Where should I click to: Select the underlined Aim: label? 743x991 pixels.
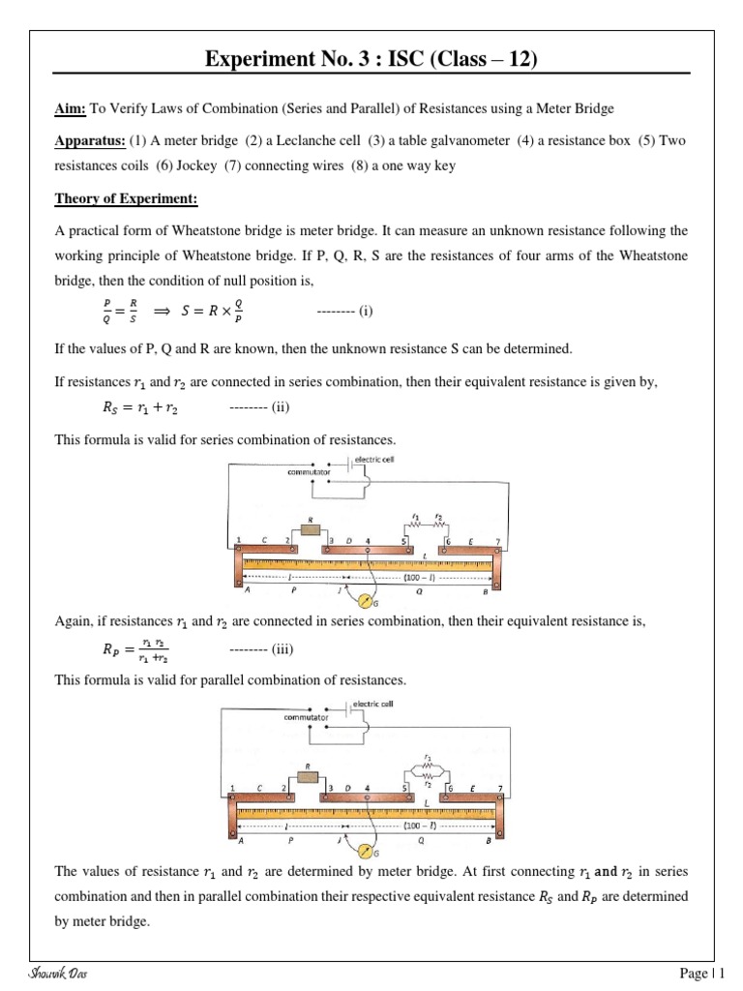click(x=69, y=107)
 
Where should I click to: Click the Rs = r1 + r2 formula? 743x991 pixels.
click(x=140, y=407)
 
